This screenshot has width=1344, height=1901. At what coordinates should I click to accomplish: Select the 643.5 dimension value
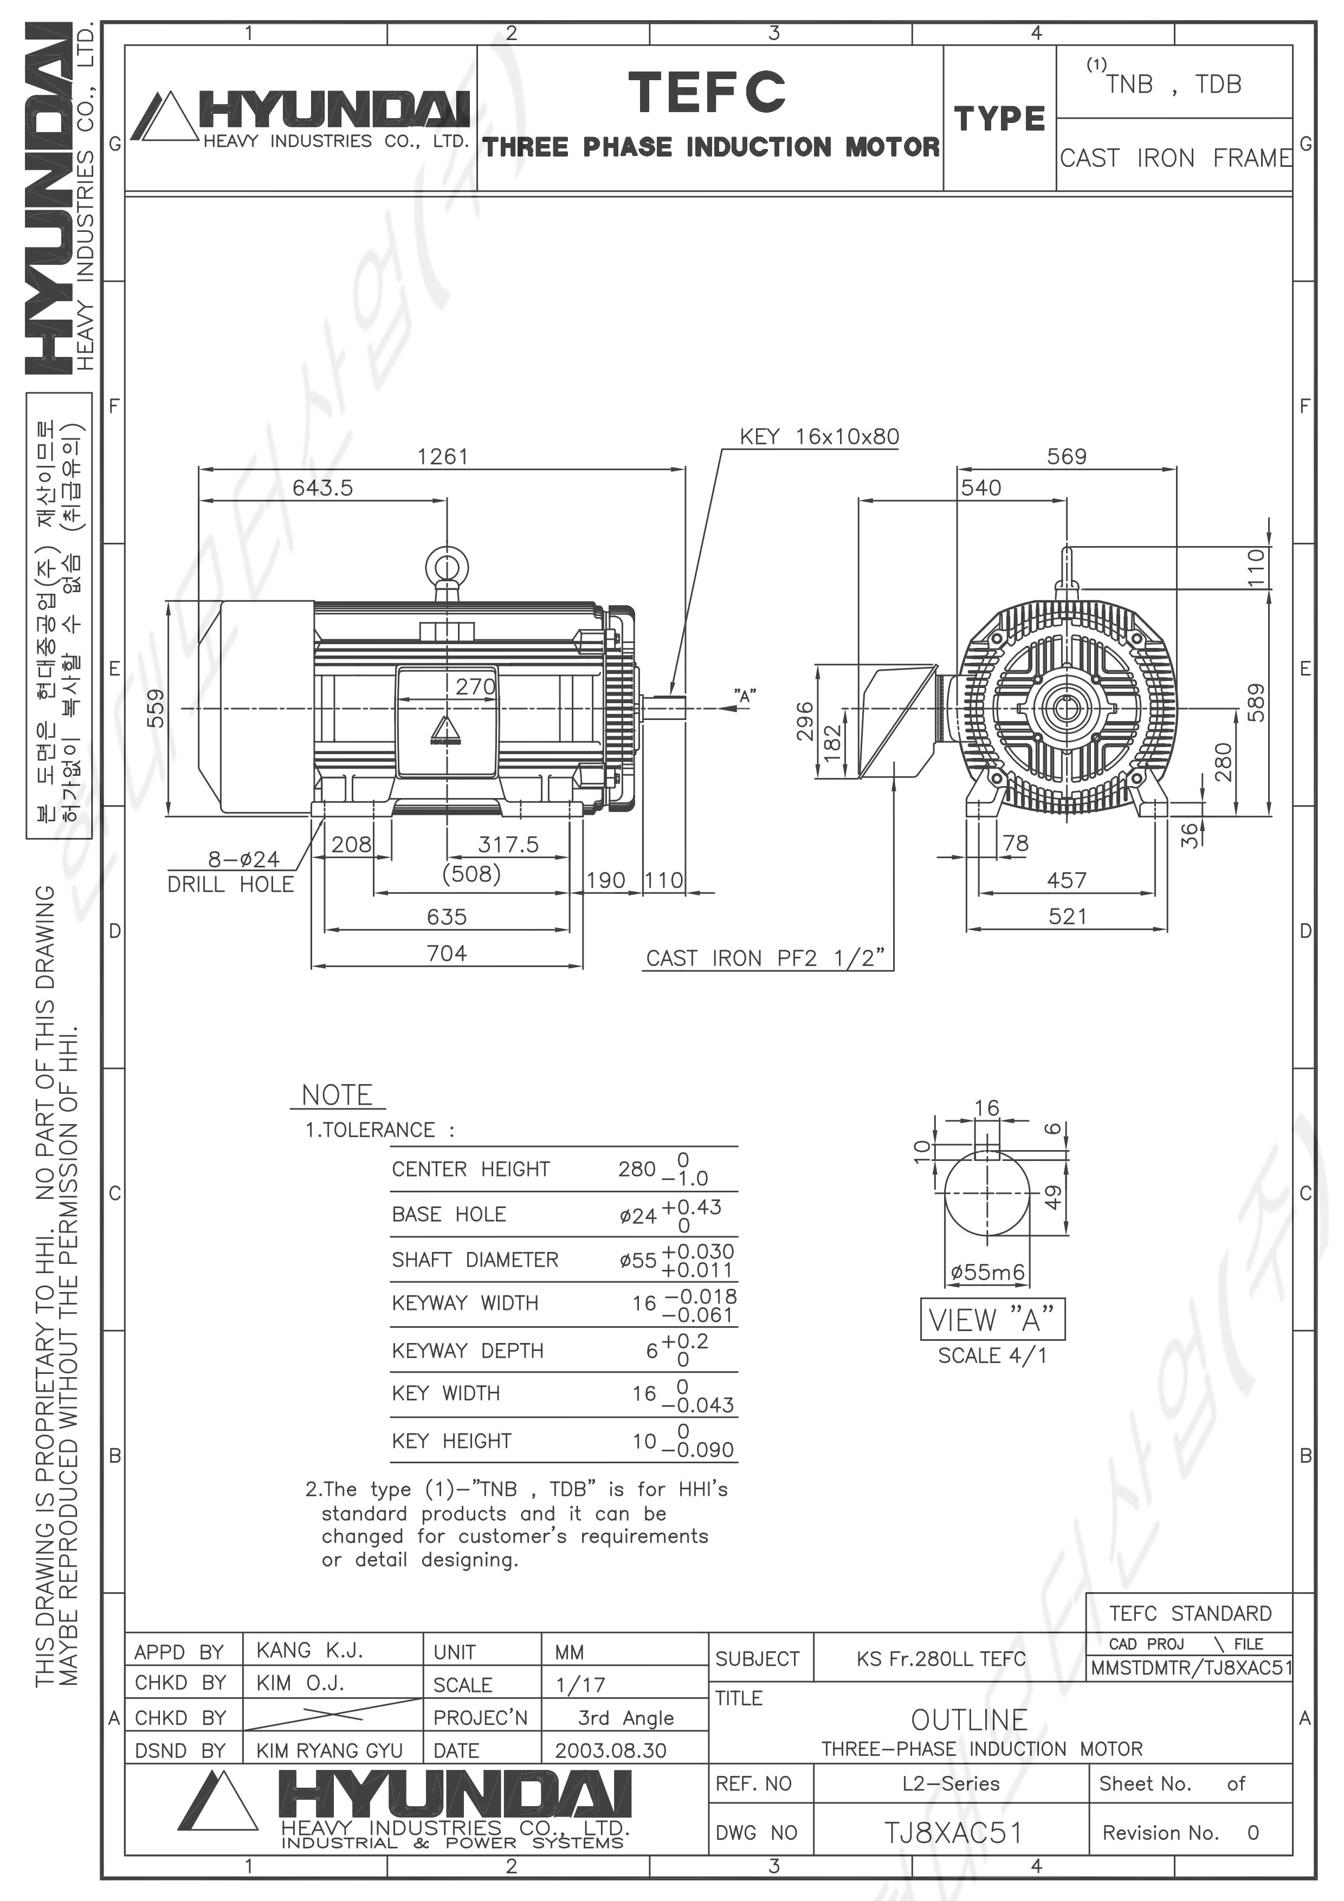pos(322,488)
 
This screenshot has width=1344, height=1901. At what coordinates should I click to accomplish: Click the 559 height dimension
pos(156,708)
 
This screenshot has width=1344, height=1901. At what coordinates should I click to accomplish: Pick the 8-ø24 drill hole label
pos(243,859)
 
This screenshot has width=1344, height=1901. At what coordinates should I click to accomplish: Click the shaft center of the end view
pos(1066,709)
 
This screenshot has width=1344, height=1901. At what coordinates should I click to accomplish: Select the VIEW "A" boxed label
pos(992,1319)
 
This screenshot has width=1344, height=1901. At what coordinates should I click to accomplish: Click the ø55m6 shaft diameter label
pos(987,1271)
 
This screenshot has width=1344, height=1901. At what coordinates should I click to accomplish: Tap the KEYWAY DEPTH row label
pos(468,1351)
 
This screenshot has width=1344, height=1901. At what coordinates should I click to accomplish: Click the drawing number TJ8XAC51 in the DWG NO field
pos(952,1833)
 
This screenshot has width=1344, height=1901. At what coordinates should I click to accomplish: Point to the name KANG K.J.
pos(309,1650)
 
